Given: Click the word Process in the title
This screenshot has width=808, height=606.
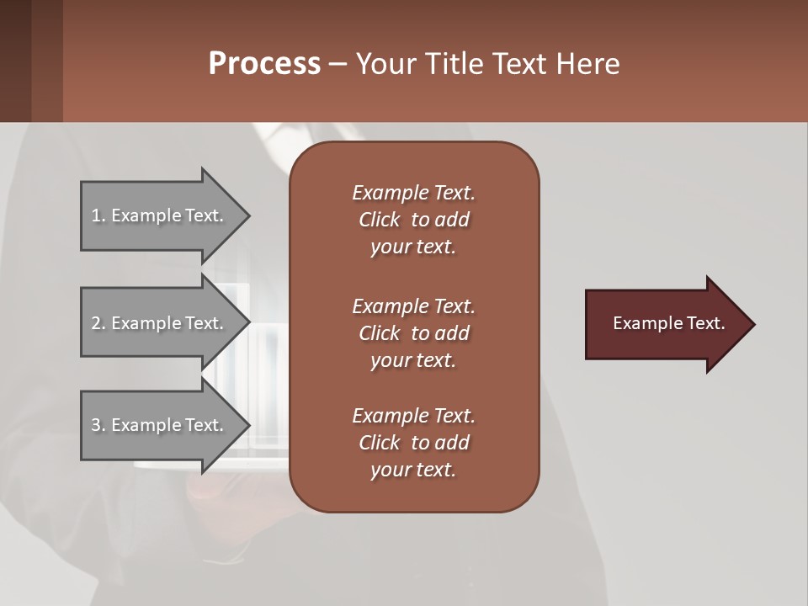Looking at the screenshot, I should (264, 64).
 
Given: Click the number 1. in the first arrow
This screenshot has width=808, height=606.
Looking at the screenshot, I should (98, 215).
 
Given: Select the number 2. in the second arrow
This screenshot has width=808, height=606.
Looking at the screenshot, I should (98, 323).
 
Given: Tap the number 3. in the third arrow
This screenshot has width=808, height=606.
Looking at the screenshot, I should (98, 425).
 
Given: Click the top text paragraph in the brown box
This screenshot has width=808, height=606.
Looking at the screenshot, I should (413, 220).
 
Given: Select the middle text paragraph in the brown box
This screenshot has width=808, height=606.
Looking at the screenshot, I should (413, 332).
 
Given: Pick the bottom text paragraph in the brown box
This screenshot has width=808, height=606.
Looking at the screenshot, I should (413, 443).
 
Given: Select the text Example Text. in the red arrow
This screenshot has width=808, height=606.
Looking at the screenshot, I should (669, 323).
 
